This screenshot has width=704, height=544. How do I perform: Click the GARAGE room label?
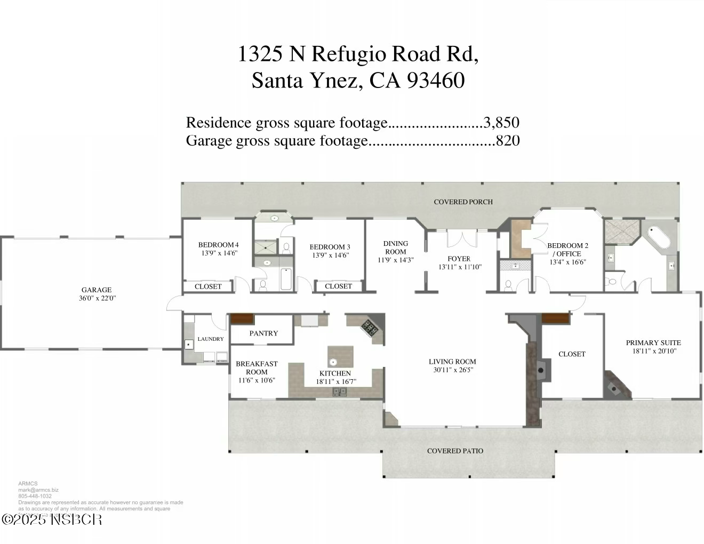(x=97, y=290)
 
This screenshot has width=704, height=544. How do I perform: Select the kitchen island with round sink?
(x=340, y=355)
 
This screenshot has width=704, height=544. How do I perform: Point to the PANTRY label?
(x=263, y=333)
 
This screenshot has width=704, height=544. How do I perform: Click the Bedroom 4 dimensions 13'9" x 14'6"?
(x=219, y=253)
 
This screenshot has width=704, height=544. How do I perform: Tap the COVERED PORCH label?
(x=463, y=202)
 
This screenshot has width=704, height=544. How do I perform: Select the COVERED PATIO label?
(x=455, y=451)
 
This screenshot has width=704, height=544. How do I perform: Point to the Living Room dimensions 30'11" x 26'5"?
(x=452, y=370)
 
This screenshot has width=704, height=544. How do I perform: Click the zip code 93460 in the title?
(x=436, y=81)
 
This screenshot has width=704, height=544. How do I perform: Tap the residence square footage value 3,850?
(x=501, y=123)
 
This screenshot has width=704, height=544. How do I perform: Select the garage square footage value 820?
(x=508, y=141)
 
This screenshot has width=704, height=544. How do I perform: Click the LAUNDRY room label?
(x=211, y=339)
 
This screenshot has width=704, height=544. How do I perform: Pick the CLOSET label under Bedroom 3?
(x=338, y=286)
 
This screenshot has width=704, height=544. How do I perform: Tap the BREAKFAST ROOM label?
(x=257, y=367)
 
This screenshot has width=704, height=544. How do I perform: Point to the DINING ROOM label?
(x=395, y=247)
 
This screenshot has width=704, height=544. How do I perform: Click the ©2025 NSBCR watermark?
(x=52, y=519)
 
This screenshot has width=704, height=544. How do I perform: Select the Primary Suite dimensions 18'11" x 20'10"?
(x=653, y=351)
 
